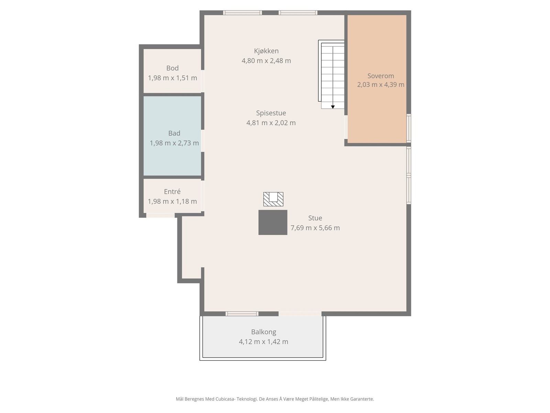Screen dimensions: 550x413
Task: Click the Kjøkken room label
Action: tap(266, 51)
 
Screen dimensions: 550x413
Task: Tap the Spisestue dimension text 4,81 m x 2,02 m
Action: tap(271, 123)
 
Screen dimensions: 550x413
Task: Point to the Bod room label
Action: tap(173, 68)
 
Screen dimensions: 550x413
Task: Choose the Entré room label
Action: tap(172, 191)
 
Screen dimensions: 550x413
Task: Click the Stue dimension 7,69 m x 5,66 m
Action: tap(315, 228)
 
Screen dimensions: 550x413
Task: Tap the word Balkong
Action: tap(264, 332)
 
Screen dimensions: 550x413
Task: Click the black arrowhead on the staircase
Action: tap(333, 107)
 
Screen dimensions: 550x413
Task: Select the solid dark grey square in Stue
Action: tap(273, 222)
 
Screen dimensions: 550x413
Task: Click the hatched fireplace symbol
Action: tap(273, 199)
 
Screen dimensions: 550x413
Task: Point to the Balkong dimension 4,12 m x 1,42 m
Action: tap(264, 342)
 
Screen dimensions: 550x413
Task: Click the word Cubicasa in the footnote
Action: tap(225, 399)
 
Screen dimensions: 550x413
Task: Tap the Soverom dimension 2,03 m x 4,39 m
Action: tap(381, 85)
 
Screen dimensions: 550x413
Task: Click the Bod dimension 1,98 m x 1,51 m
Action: tap(173, 78)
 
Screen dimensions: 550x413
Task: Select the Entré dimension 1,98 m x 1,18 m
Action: tap(172, 201)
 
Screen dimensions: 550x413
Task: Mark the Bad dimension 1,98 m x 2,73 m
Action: tap(174, 143)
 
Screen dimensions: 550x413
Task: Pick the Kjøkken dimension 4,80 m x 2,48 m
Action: tap(266, 61)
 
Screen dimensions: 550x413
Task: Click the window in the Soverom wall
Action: tap(409, 128)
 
